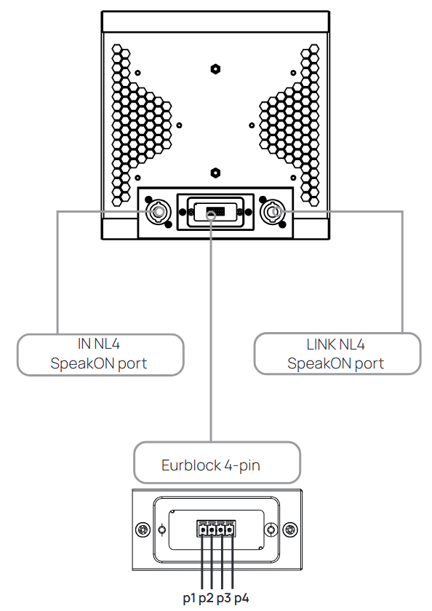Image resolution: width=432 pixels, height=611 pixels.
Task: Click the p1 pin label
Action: [189, 598]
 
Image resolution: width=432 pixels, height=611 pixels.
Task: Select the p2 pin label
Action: [206, 598]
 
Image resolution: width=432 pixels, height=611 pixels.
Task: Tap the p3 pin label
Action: [224, 598]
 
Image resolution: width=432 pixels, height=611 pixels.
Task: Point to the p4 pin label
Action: [241, 598]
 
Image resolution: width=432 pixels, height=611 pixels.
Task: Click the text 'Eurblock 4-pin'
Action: [211, 465]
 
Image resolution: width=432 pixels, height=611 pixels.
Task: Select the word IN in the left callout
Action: [84, 344]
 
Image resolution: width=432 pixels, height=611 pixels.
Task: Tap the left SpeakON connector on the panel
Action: [159, 212]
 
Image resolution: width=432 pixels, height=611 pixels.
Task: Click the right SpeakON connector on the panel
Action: [273, 212]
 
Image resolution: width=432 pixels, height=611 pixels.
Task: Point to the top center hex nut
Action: [215, 69]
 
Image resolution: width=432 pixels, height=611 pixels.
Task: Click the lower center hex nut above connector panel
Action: [215, 173]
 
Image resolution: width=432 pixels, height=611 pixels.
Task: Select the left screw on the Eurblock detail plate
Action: [143, 529]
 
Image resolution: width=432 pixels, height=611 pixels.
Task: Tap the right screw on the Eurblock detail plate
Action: [290, 529]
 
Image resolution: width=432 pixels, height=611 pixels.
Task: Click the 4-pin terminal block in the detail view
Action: [216, 529]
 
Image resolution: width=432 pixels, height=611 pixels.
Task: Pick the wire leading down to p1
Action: [202, 562]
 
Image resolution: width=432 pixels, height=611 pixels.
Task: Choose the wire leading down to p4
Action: [232, 562]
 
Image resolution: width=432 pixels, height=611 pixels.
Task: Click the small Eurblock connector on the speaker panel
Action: [215, 212]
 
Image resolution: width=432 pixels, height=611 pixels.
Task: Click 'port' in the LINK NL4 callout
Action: [369, 364]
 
